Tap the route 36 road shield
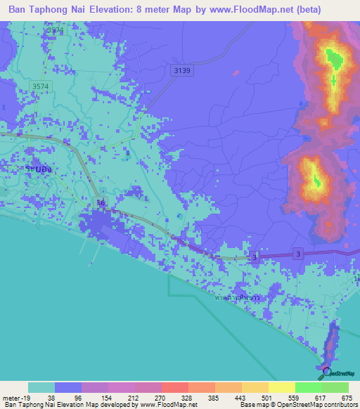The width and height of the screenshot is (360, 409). click(x=101, y=204)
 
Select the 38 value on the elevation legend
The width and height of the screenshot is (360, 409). click(x=54, y=397)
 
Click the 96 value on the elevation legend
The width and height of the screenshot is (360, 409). click(x=82, y=397)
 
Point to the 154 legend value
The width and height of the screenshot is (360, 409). click(x=108, y=397)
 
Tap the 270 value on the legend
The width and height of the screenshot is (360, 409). click(x=162, y=397)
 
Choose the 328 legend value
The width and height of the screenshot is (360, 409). click(x=189, y=397)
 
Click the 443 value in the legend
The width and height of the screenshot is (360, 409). click(x=243, y=397)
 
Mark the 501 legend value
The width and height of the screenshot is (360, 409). click(x=269, y=397)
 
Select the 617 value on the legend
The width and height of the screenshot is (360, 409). click(x=323, y=397)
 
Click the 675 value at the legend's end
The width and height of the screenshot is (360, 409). click(x=345, y=397)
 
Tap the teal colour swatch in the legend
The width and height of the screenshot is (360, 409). click(x=41, y=387)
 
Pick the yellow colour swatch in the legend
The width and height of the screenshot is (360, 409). click(x=281, y=387)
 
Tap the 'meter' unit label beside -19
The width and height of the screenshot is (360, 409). click(x=12, y=397)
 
